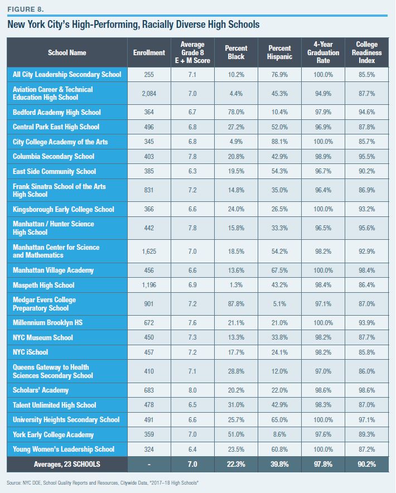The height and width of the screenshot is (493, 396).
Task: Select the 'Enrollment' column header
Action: pos(149,52)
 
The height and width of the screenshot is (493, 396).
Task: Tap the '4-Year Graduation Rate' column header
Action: pos(324,52)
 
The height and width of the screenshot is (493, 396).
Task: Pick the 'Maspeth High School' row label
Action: pos(43,285)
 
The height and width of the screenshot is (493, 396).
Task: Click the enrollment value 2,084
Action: pos(149,93)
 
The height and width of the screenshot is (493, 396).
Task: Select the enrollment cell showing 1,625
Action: pos(149,251)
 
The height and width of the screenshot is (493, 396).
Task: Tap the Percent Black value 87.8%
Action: pos(236,304)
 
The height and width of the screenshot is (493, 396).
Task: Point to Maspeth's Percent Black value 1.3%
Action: pos(236,285)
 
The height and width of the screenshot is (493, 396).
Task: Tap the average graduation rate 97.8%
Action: pos(324,464)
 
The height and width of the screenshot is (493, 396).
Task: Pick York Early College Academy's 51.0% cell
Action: pos(236,434)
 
